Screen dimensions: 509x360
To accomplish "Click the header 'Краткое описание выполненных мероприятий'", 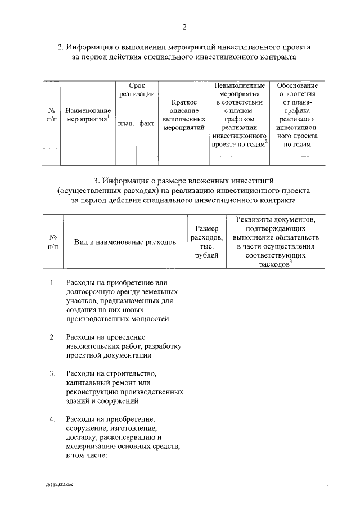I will click(x=183, y=115).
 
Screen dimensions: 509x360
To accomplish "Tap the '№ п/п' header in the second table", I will click(x=53, y=242).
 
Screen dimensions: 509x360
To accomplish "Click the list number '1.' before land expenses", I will click(x=52, y=283).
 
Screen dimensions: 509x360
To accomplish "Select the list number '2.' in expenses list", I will click(x=52, y=337).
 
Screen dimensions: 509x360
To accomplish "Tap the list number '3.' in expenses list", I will click(x=52, y=374).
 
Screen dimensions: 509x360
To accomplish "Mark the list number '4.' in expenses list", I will click(x=52, y=420).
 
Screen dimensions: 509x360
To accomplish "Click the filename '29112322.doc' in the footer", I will click(x=60, y=484).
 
